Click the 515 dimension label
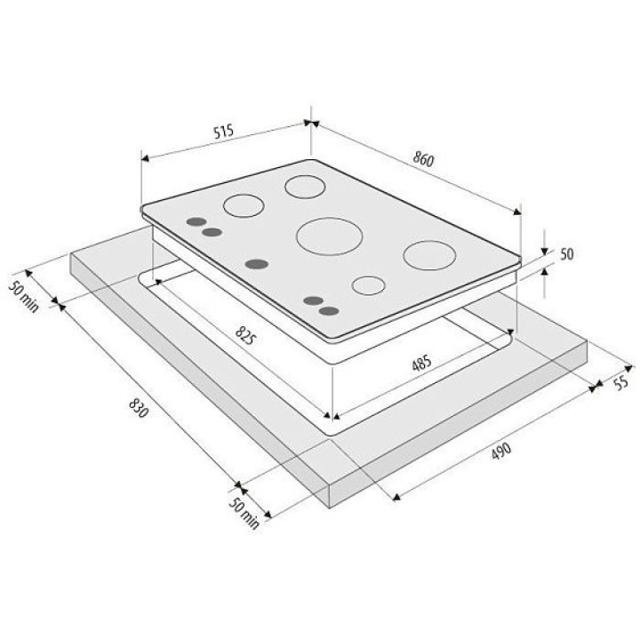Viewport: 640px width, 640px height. pyautogui.click(x=224, y=131)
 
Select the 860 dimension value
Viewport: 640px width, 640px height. pyautogui.click(x=423, y=159)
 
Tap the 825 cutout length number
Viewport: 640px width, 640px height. pyautogui.click(x=245, y=335)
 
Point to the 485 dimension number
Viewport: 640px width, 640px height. pyautogui.click(x=421, y=363)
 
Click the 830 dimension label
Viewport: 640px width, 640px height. pyautogui.click(x=139, y=407)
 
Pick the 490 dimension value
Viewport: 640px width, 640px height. pyautogui.click(x=500, y=451)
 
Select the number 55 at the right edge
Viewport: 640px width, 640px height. pyautogui.click(x=620, y=382)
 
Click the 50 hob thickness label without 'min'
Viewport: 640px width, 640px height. pyautogui.click(x=566, y=254)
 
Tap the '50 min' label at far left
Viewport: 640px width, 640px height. pyautogui.click(x=24, y=297)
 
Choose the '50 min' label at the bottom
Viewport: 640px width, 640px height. pyautogui.click(x=244, y=514)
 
